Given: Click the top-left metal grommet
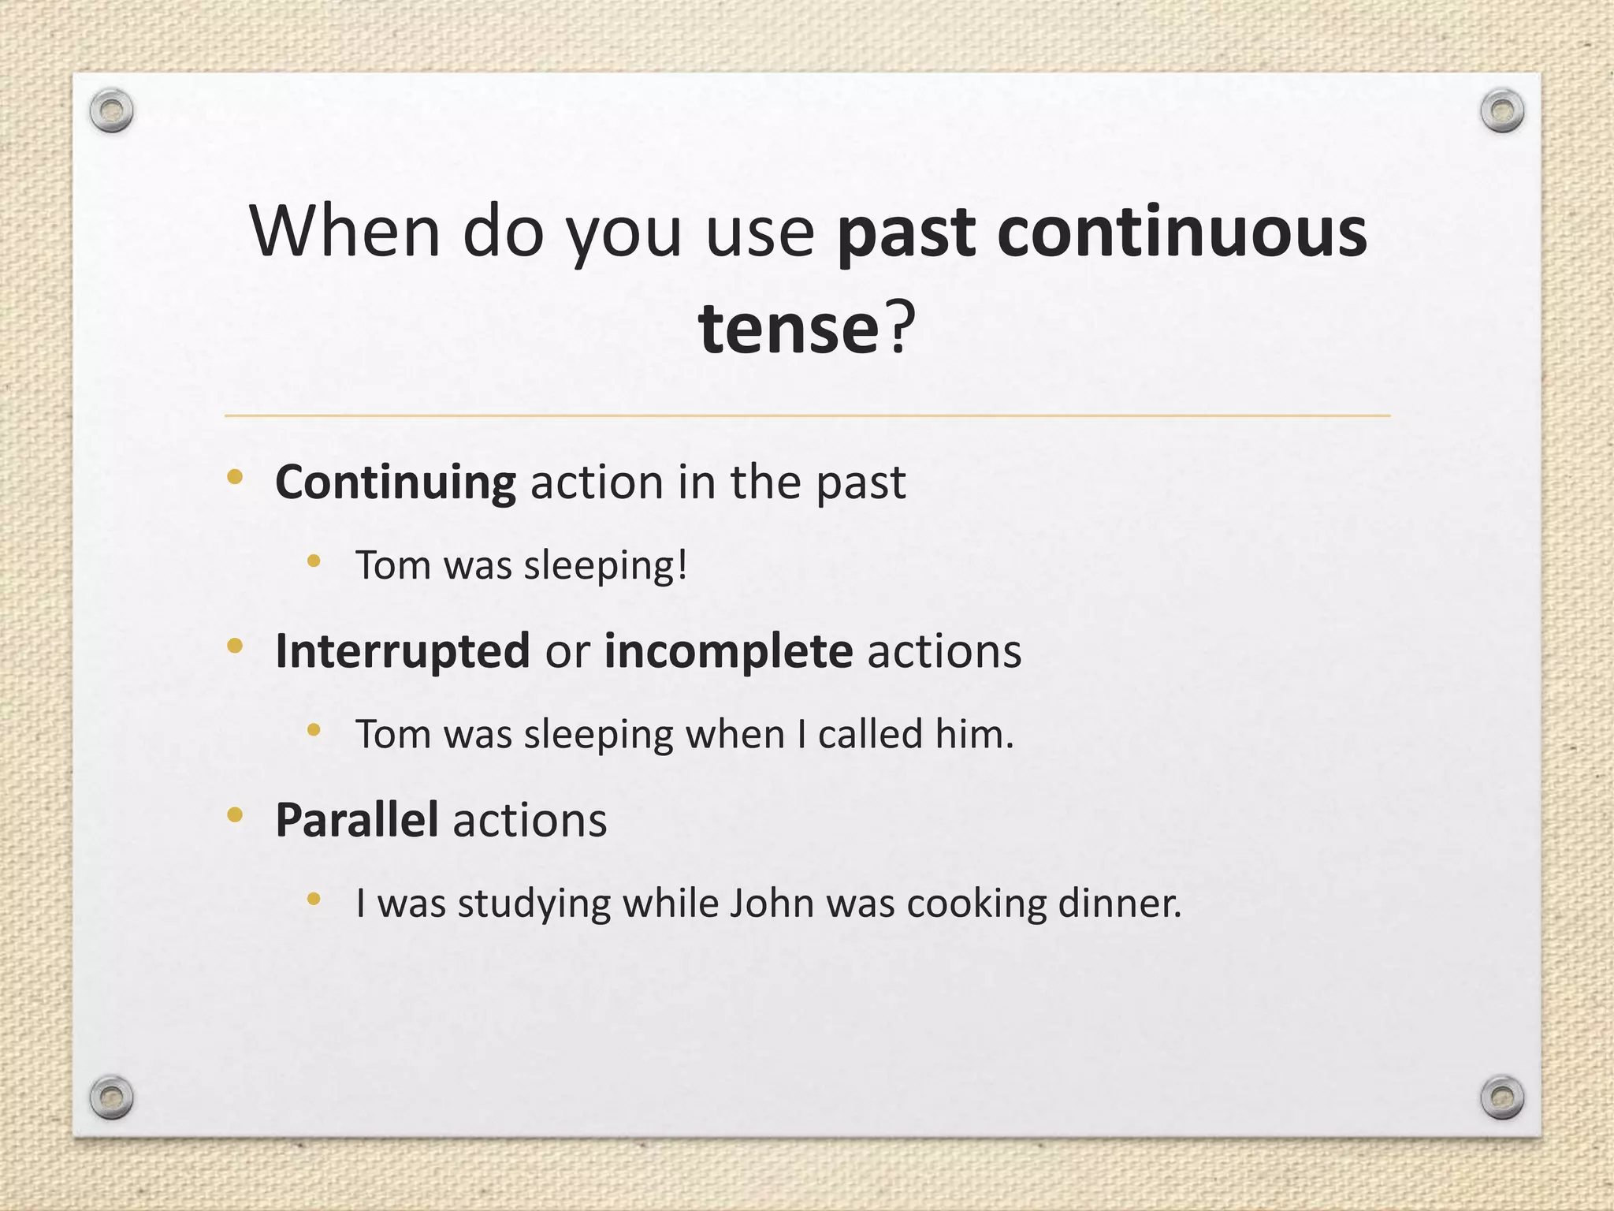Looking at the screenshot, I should click(x=111, y=111).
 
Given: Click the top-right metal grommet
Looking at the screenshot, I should click(x=1502, y=111).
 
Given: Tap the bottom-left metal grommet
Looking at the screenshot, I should click(x=111, y=1097).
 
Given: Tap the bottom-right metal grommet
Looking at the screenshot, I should click(x=1502, y=1097).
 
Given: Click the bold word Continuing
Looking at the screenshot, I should click(x=396, y=483).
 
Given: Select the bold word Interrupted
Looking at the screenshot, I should click(x=403, y=652).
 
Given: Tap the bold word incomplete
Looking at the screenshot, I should click(x=728, y=652).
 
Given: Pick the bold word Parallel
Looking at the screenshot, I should click(x=357, y=821).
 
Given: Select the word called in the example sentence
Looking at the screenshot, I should click(x=870, y=735).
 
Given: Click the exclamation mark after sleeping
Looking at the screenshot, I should click(x=682, y=565).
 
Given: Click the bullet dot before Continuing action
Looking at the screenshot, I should click(x=234, y=476).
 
